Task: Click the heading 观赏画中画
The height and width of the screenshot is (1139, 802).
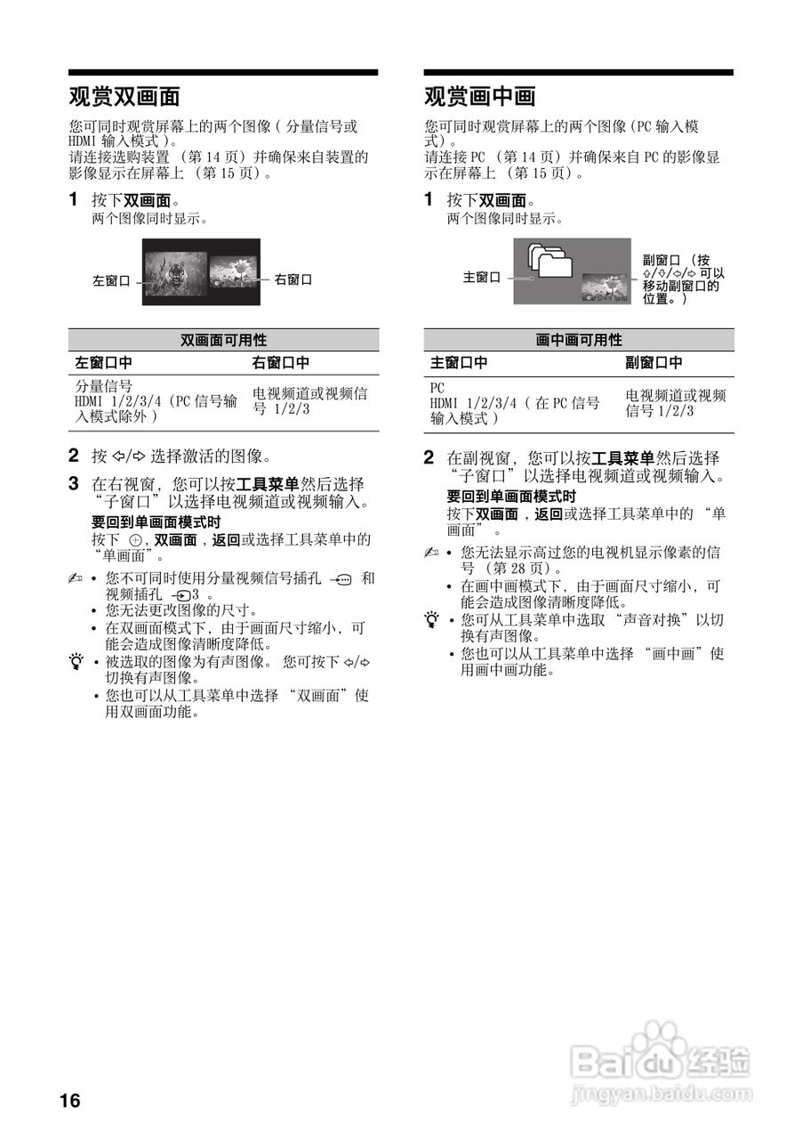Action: pyautogui.click(x=479, y=95)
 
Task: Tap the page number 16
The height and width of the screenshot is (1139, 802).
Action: pyautogui.click(x=70, y=1101)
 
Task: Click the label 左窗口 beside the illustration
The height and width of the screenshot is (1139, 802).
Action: pyautogui.click(x=111, y=280)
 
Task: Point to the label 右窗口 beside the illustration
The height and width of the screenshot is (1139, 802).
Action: pyautogui.click(x=293, y=279)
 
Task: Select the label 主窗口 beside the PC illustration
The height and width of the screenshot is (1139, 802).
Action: pyautogui.click(x=481, y=278)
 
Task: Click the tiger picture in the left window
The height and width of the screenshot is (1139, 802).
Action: pyautogui.click(x=175, y=271)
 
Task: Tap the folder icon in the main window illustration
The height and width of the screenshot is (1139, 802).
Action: pyautogui.click(x=551, y=262)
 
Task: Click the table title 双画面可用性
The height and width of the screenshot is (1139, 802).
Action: pyautogui.click(x=223, y=340)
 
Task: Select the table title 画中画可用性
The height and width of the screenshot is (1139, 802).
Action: pyautogui.click(x=579, y=340)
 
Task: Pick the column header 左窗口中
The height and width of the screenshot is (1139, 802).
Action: pyautogui.click(x=103, y=363)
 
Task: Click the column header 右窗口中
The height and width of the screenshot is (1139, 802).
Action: pyautogui.click(x=281, y=363)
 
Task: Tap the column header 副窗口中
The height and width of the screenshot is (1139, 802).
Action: pyautogui.click(x=654, y=363)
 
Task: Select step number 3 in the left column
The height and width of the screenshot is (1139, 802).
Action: pyautogui.click(x=75, y=484)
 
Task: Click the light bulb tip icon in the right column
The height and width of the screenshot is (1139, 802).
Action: pyautogui.click(x=432, y=618)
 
